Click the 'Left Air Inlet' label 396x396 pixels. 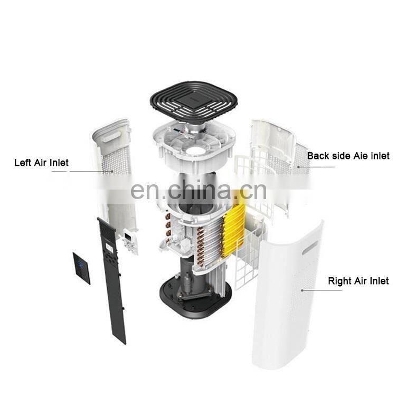(x=41, y=163)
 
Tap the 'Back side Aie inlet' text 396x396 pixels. (x=348, y=156)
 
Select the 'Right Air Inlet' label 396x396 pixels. (x=358, y=281)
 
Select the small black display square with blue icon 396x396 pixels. (x=81, y=268)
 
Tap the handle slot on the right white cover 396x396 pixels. (x=310, y=247)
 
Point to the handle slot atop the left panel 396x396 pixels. (x=111, y=136)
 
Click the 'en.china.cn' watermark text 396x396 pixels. (x=198, y=190)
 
